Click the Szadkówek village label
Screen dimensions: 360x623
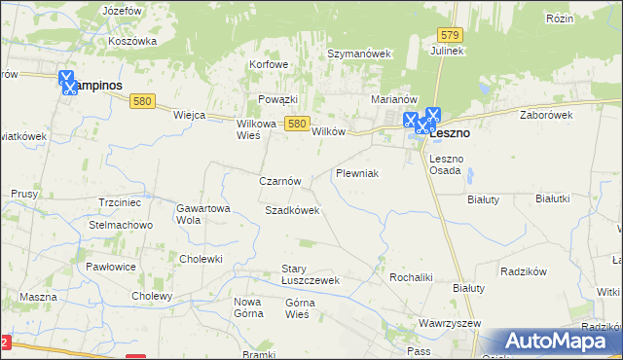[292, 210]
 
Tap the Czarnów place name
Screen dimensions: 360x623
[285, 181]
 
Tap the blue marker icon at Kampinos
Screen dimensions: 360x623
[67, 82]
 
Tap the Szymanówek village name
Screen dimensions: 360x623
[358, 54]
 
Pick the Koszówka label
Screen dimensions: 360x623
[133, 41]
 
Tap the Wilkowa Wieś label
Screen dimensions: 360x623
[256, 129]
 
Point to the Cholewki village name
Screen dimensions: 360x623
[202, 259]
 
